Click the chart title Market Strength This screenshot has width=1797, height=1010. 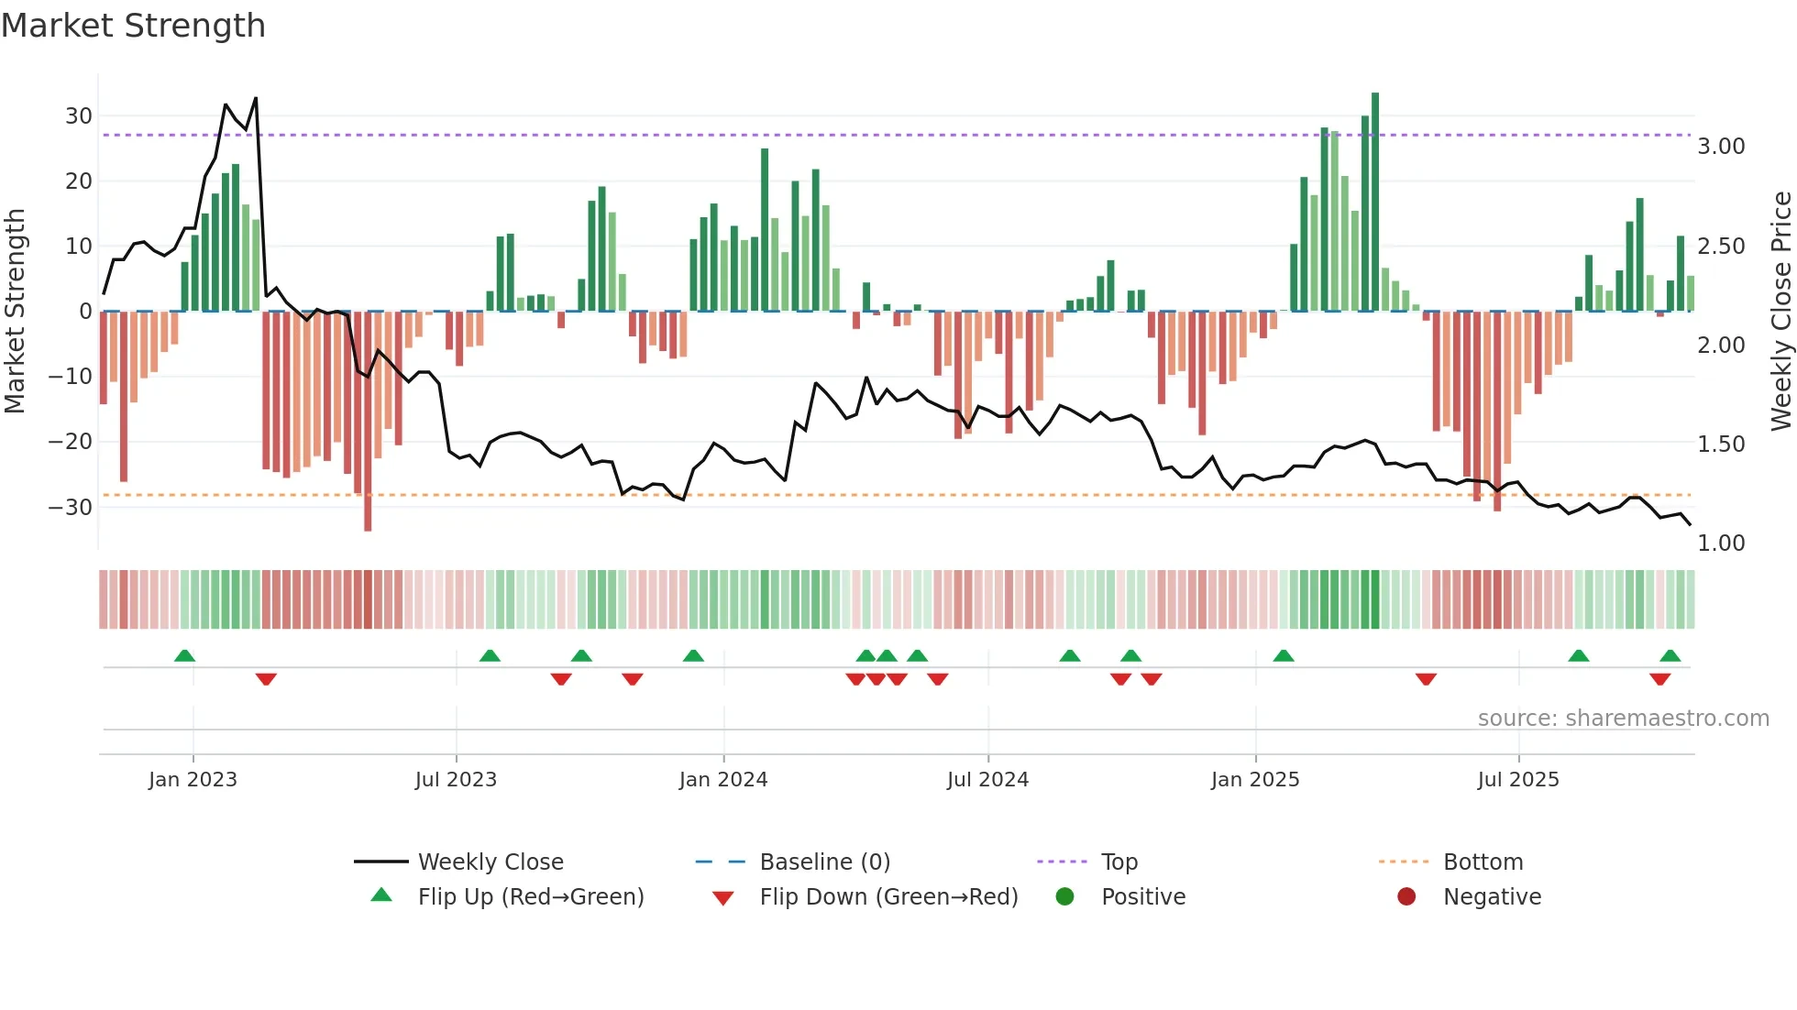click(133, 26)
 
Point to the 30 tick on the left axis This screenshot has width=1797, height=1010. click(79, 116)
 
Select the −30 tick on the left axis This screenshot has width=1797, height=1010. click(71, 508)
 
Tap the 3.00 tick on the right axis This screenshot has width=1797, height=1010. click(1721, 147)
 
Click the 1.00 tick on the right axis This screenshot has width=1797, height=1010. click(1721, 543)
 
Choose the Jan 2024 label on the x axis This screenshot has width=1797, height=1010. click(723, 780)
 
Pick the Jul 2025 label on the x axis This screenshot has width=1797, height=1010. click(1517, 780)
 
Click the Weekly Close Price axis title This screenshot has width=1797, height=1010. click(1780, 311)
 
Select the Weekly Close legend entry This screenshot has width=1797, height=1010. click(490, 862)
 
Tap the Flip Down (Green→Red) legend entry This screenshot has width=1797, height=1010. click(887, 897)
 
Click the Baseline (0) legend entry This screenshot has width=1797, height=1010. click(824, 862)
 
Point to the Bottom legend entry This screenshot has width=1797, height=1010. click(1483, 862)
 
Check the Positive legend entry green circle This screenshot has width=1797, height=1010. click(1064, 897)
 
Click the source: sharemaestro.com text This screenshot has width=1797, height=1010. click(1623, 719)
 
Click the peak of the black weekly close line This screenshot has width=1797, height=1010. click(256, 98)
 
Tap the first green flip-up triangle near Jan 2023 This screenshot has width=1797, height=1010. click(184, 655)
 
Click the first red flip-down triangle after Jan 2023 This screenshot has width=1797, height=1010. click(266, 679)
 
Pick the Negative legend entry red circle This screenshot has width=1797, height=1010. click(1406, 897)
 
